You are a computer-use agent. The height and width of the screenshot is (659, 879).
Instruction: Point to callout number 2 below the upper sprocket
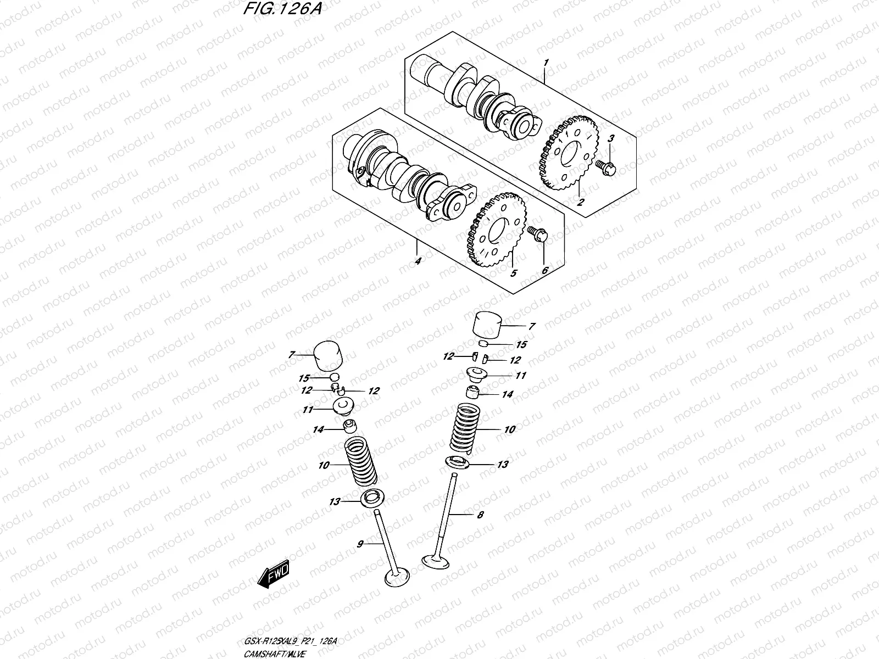581,202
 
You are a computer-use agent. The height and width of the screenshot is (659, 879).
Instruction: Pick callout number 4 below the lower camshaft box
418,261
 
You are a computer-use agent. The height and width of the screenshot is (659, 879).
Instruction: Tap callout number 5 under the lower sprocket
514,273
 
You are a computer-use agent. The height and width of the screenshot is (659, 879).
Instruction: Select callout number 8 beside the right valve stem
480,515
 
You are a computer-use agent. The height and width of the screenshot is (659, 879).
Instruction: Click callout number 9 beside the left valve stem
360,544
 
